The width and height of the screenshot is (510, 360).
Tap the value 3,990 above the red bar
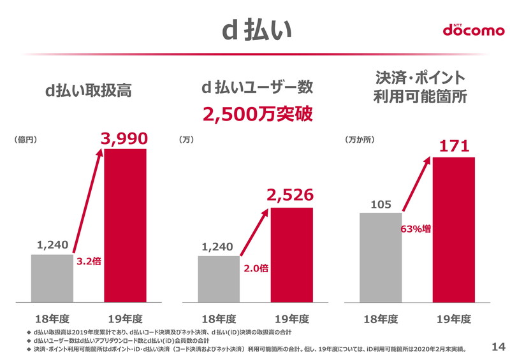point(125,138)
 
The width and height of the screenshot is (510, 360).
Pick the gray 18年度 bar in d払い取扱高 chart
point(52,278)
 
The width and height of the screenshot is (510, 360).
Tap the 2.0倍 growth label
point(255,269)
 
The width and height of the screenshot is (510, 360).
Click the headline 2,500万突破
point(258,114)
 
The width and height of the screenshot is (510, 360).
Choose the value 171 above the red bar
point(454,147)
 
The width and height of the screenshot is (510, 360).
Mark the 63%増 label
point(415,228)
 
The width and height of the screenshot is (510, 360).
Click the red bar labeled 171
point(454,229)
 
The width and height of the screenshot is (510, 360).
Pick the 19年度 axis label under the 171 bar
point(454,318)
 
